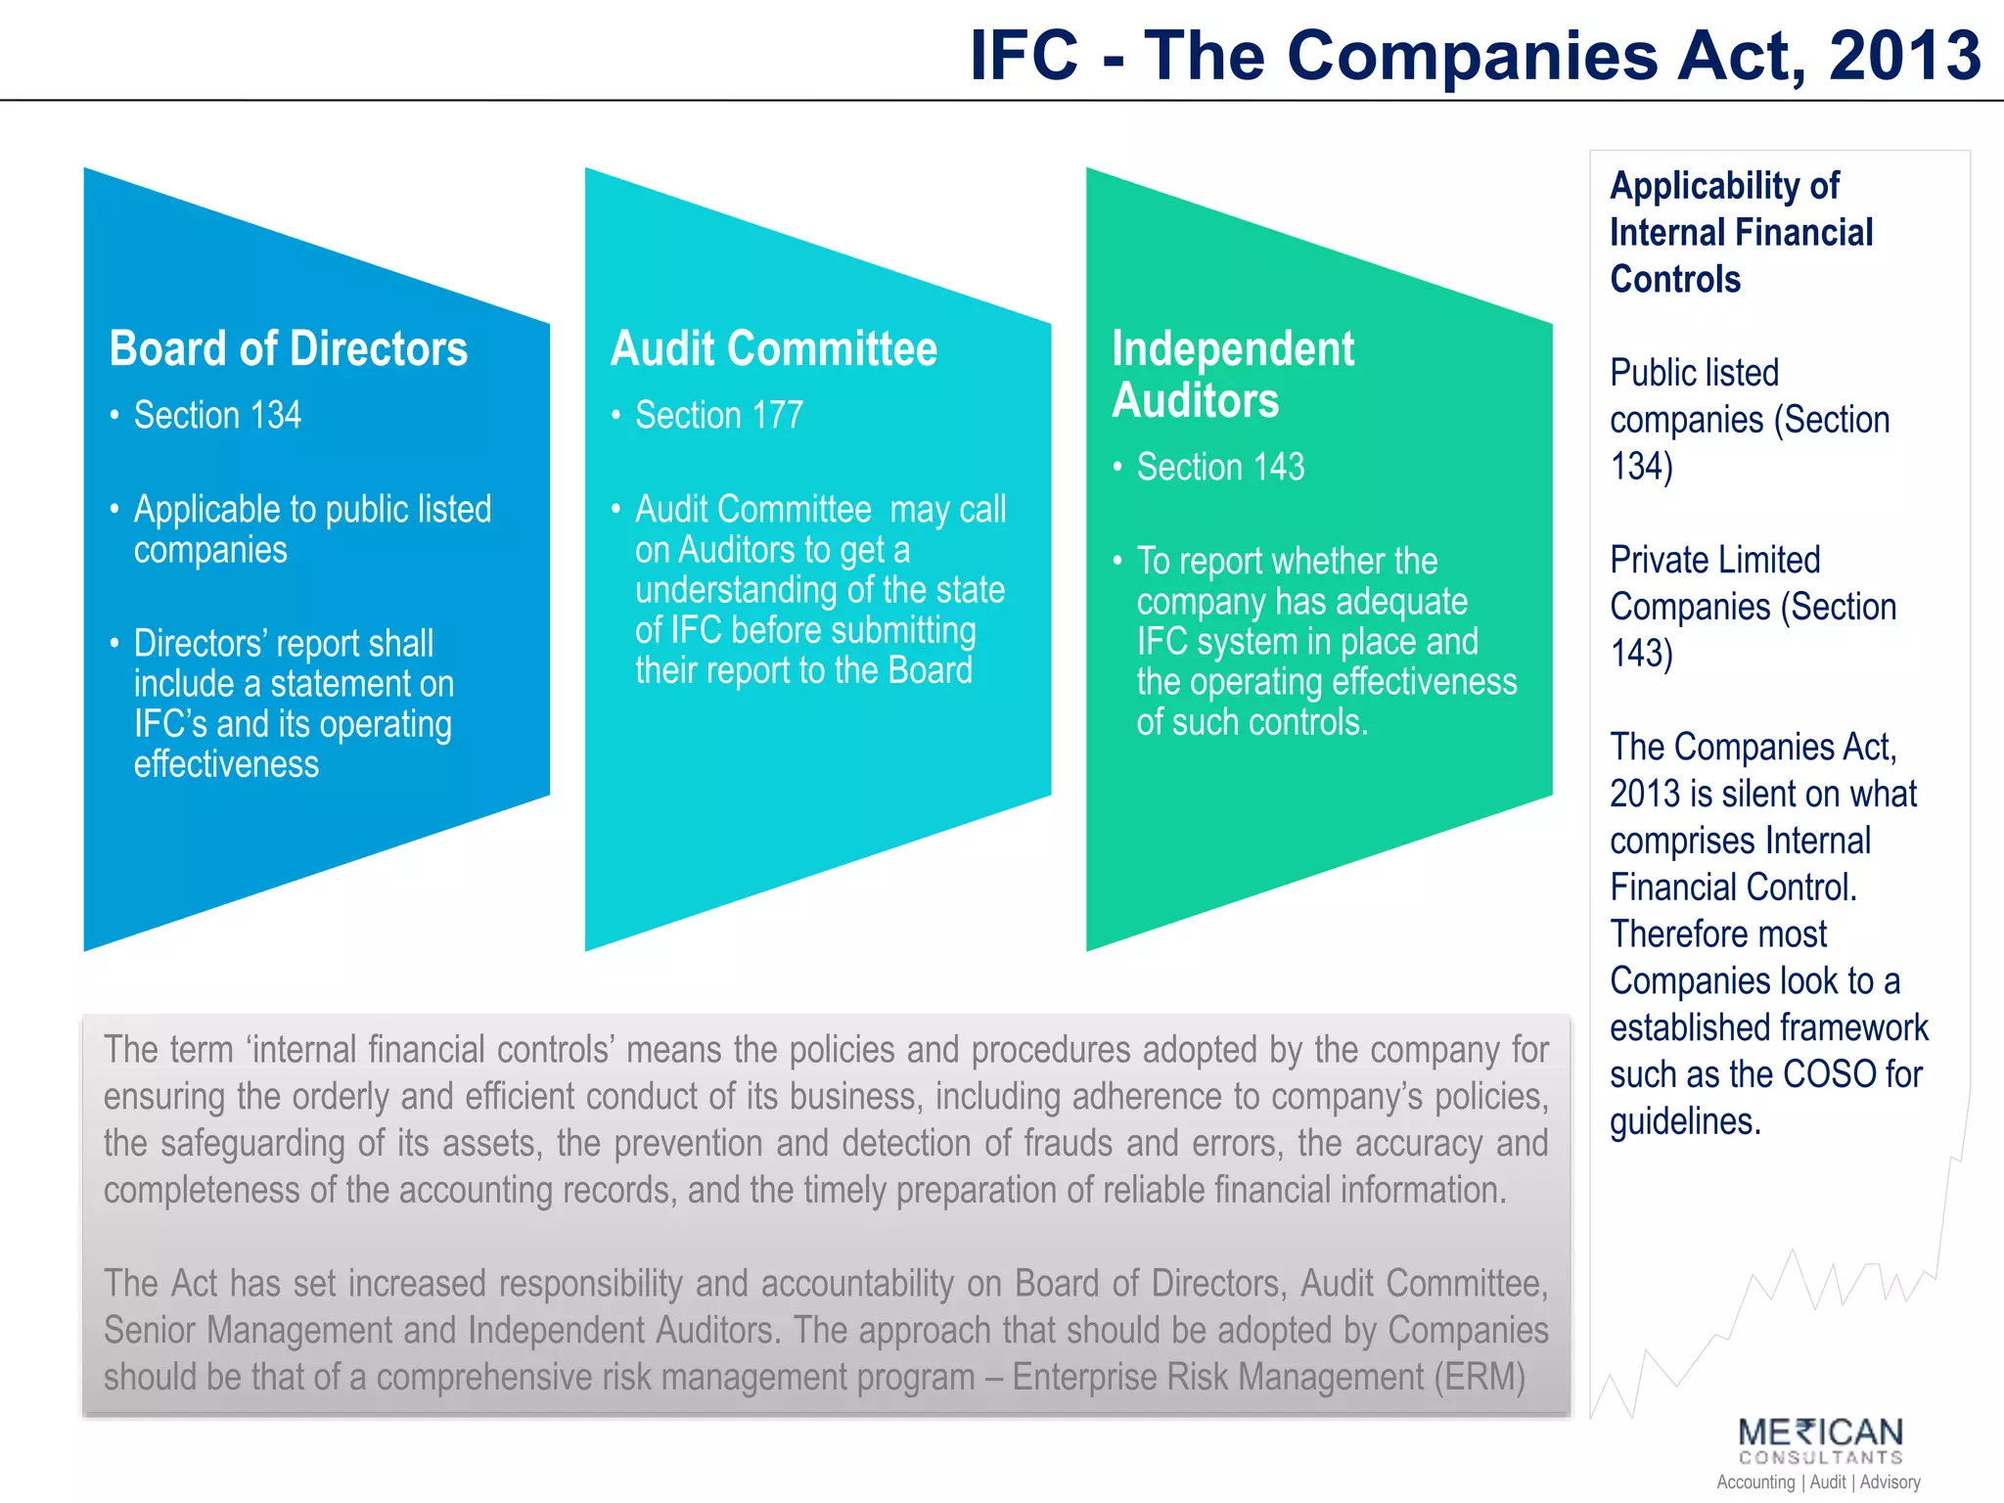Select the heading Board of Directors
coord(289,349)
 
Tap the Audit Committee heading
coord(773,349)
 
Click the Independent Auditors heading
coord(1233,375)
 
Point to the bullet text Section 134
coord(217,416)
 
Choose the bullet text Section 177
coord(718,416)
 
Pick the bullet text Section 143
coord(1220,468)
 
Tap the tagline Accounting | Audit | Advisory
coord(1818,1482)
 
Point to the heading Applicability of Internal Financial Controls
coord(1741,233)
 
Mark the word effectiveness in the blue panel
coord(226,764)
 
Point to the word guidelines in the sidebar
coord(1685,1121)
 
